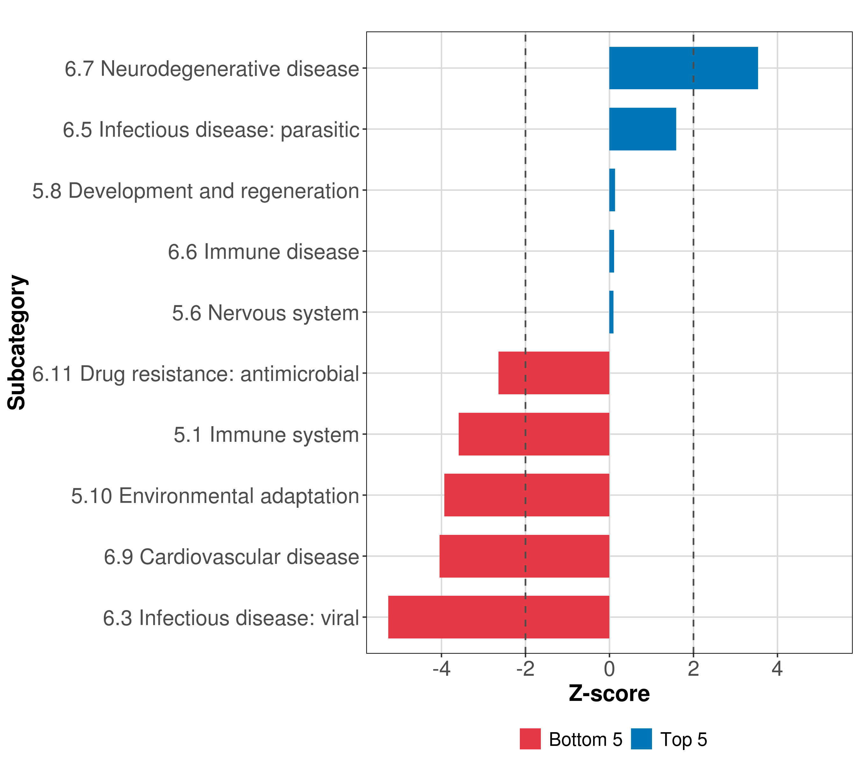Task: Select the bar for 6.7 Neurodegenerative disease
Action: pyautogui.click(x=683, y=68)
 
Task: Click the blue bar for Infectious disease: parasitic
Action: pyautogui.click(x=642, y=129)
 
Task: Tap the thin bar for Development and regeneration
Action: pyautogui.click(x=612, y=190)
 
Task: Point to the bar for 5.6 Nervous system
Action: pyautogui.click(x=611, y=312)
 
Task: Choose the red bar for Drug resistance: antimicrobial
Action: pyautogui.click(x=554, y=373)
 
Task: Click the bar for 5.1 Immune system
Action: pyautogui.click(x=534, y=434)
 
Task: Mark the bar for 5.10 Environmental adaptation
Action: pyautogui.click(x=527, y=495)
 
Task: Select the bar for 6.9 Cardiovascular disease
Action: pyautogui.click(x=524, y=556)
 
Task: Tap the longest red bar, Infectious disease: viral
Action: pyautogui.click(x=498, y=617)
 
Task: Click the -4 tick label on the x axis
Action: pyautogui.click(x=441, y=669)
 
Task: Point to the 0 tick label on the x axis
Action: pyautogui.click(x=609, y=669)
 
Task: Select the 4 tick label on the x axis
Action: pyautogui.click(x=777, y=669)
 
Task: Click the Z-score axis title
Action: pyautogui.click(x=609, y=694)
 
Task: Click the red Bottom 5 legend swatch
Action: pyautogui.click(x=530, y=739)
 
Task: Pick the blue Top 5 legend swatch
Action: pyautogui.click(x=641, y=739)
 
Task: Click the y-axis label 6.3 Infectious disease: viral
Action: pyautogui.click(x=231, y=618)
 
